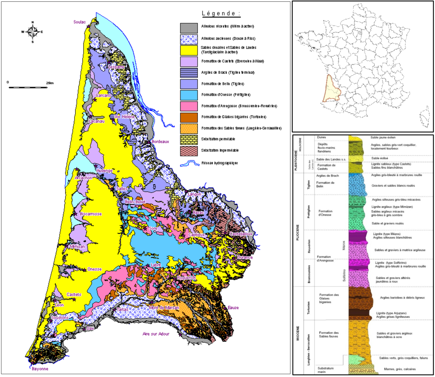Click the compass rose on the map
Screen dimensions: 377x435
[x=32, y=32]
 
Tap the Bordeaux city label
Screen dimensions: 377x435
[x=161, y=141]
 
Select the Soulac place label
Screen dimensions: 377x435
[x=80, y=22]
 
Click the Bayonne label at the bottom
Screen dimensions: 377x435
[x=38, y=369]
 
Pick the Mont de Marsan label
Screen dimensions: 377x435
[x=164, y=307]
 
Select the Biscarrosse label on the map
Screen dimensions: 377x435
[x=91, y=214]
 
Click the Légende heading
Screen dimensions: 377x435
[x=221, y=14]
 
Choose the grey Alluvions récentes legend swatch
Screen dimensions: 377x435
[x=189, y=27]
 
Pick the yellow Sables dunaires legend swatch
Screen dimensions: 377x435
[x=189, y=50]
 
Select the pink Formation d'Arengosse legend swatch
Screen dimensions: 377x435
[x=189, y=106]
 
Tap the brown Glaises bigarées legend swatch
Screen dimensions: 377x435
[x=189, y=117]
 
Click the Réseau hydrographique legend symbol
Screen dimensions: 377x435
[x=189, y=163]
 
